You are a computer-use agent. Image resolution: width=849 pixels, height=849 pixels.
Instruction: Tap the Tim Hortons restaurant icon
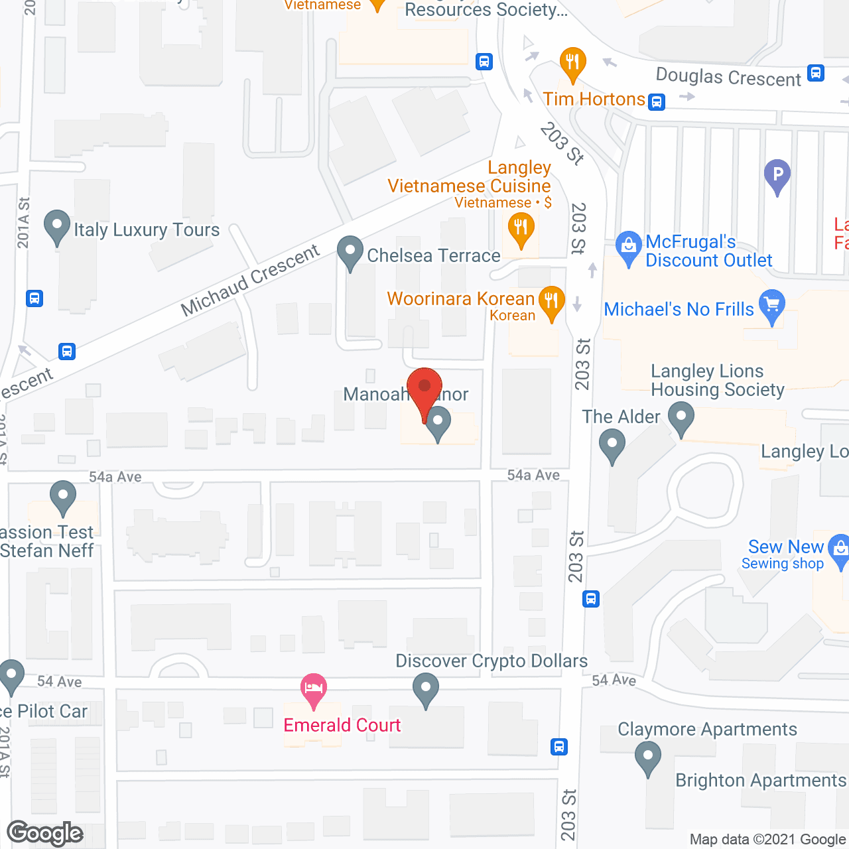click(x=572, y=64)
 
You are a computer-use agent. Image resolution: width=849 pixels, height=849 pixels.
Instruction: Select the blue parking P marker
click(x=777, y=176)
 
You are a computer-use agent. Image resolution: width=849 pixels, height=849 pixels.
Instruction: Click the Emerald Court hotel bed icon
click(x=314, y=688)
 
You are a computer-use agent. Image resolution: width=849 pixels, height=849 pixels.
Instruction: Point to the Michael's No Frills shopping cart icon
click(x=772, y=305)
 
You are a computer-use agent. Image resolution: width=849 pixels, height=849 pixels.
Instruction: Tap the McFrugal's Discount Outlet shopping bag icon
click(x=627, y=246)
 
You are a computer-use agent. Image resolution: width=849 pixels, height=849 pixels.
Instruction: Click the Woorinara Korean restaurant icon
click(x=551, y=301)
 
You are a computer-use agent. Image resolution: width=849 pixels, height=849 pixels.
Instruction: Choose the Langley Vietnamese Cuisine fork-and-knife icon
click(x=521, y=229)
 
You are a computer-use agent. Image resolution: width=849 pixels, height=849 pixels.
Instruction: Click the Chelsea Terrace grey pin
click(x=350, y=252)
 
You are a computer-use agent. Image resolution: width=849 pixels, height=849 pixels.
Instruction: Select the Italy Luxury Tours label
click(x=147, y=230)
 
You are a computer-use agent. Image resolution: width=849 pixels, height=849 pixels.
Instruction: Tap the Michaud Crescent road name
click(x=250, y=280)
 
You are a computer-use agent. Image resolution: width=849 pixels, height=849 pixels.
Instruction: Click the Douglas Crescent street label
click(x=728, y=78)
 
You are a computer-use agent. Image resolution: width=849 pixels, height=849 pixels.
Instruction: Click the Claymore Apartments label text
click(x=707, y=730)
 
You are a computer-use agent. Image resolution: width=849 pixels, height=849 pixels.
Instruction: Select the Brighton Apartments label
click(x=761, y=781)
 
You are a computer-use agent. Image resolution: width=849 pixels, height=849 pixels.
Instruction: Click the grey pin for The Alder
click(x=612, y=445)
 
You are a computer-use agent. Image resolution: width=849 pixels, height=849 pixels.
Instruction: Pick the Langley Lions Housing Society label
click(x=717, y=381)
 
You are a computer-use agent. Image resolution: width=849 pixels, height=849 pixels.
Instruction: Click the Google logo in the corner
click(x=45, y=833)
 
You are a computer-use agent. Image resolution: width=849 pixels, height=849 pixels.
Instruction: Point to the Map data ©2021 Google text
click(x=767, y=840)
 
